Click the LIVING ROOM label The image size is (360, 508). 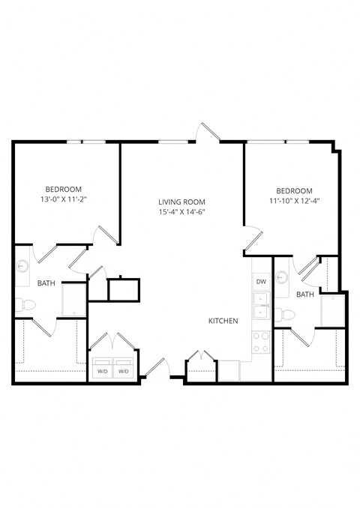[x=181, y=202]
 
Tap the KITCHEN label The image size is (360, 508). [x=223, y=321]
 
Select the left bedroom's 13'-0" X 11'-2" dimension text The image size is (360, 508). [x=64, y=200]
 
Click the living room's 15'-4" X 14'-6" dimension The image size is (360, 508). [x=181, y=213]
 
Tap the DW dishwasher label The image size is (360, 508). [x=261, y=282]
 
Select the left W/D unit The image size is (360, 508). [x=101, y=370]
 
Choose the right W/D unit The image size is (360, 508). [x=124, y=370]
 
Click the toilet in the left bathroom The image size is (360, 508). [x=22, y=305]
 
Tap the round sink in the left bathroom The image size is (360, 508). [x=21, y=265]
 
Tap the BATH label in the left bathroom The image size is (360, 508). [x=46, y=283]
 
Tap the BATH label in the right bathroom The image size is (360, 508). [x=304, y=295]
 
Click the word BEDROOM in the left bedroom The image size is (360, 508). [x=64, y=190]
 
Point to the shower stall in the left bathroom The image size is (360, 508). [x=74, y=298]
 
